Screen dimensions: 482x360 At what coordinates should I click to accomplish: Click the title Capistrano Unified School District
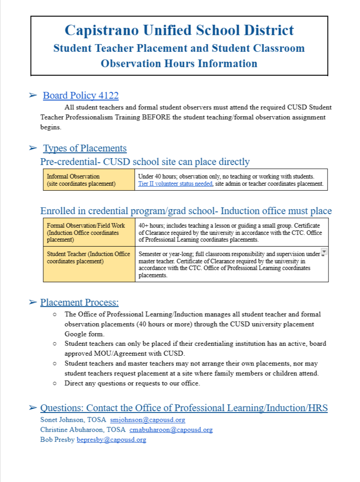pyautogui.click(x=179, y=30)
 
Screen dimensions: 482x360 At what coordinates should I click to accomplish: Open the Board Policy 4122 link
pyautogui.click(x=81, y=96)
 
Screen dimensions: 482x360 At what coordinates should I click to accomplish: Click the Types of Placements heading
pyautogui.click(x=85, y=148)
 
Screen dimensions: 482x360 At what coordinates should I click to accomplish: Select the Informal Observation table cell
pyautogui.click(x=89, y=179)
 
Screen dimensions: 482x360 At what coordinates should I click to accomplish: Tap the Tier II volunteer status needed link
pyautogui.click(x=175, y=184)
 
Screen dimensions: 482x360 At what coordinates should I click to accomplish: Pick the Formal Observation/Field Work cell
pyautogui.click(x=89, y=232)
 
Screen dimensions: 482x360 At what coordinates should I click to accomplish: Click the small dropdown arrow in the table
pyautogui.click(x=324, y=251)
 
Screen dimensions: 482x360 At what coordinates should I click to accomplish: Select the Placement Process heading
pyautogui.click(x=79, y=303)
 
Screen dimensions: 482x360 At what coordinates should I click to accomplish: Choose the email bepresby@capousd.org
pyautogui.click(x=111, y=440)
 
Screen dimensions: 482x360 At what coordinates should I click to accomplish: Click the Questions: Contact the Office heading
pyautogui.click(x=184, y=408)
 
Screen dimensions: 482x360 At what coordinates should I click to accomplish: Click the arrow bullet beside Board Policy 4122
pyautogui.click(x=32, y=96)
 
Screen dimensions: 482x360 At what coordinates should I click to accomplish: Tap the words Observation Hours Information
pyautogui.click(x=179, y=63)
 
